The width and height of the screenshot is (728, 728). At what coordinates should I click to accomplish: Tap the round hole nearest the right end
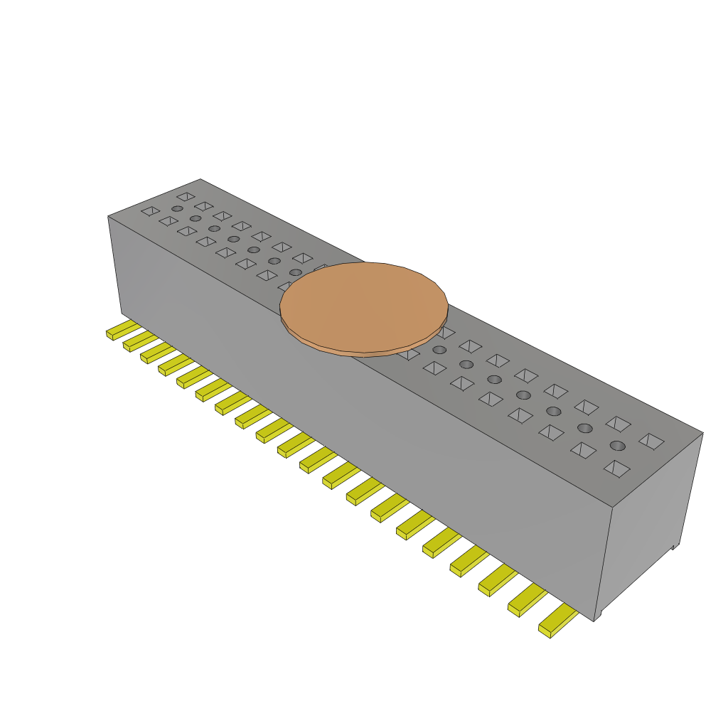[617, 446]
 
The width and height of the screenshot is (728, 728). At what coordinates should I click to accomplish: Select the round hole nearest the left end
[177, 208]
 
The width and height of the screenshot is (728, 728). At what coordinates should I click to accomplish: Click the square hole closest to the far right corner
[651, 441]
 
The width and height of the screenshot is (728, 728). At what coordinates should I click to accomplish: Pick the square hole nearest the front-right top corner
[616, 468]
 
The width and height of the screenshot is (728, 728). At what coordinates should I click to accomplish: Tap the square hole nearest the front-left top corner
[150, 211]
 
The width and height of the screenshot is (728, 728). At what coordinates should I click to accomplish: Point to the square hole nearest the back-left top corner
[186, 196]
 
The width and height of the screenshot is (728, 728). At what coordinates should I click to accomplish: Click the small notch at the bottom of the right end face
[675, 547]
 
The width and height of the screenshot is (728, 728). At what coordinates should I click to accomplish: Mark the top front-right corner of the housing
[613, 507]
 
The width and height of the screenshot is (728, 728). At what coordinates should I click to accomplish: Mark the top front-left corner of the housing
[108, 216]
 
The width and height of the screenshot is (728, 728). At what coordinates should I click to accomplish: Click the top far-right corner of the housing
[702, 432]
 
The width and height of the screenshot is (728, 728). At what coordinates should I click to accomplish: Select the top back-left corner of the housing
[200, 179]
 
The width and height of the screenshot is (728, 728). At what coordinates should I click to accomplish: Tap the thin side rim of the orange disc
[364, 351]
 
